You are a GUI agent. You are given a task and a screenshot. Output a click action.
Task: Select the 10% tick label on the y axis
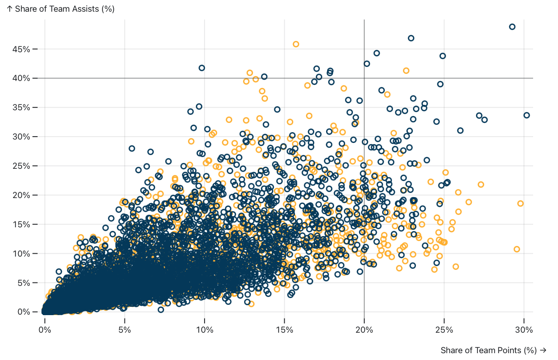pyautogui.click(x=23, y=254)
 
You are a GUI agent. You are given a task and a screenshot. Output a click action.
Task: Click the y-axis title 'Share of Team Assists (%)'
pyautogui.click(x=61, y=9)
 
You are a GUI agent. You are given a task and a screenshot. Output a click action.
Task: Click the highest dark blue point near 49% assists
pyautogui.click(x=512, y=27)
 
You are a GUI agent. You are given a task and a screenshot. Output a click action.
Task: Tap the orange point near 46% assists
pyautogui.click(x=296, y=44)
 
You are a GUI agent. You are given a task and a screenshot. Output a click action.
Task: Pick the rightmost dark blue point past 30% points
pyautogui.click(x=526, y=115)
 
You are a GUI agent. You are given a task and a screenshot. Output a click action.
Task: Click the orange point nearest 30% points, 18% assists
pyautogui.click(x=520, y=203)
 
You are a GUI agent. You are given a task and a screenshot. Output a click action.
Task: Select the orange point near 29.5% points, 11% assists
pyautogui.click(x=517, y=249)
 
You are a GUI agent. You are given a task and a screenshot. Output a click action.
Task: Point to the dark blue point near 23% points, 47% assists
pyautogui.click(x=411, y=38)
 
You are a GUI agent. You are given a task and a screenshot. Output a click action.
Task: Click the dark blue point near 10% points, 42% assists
pyautogui.click(x=202, y=68)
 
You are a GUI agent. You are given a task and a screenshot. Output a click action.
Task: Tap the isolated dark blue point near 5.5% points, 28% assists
pyautogui.click(x=132, y=148)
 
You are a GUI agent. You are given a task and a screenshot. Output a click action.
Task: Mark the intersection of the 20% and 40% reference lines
pyautogui.click(x=364, y=78)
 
